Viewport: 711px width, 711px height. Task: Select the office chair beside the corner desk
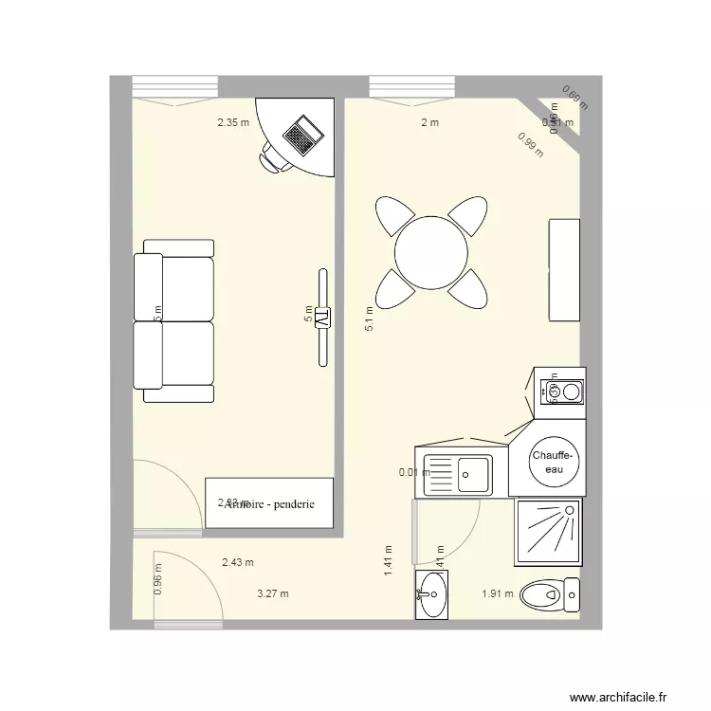tap(275, 157)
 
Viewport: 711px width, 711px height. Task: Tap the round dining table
tap(431, 253)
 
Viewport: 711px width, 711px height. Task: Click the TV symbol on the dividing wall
tap(322, 318)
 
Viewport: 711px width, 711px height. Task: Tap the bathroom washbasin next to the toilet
tap(432, 595)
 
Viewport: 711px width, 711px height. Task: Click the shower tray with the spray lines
tap(548, 532)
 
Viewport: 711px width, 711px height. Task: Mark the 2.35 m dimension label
tap(233, 122)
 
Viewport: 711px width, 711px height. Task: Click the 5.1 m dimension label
tap(370, 317)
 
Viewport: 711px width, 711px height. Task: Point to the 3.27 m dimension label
tap(273, 594)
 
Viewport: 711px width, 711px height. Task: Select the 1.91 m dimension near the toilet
tap(497, 594)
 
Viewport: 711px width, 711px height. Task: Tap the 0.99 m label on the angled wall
tap(530, 144)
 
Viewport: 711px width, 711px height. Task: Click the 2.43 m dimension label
tap(238, 562)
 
